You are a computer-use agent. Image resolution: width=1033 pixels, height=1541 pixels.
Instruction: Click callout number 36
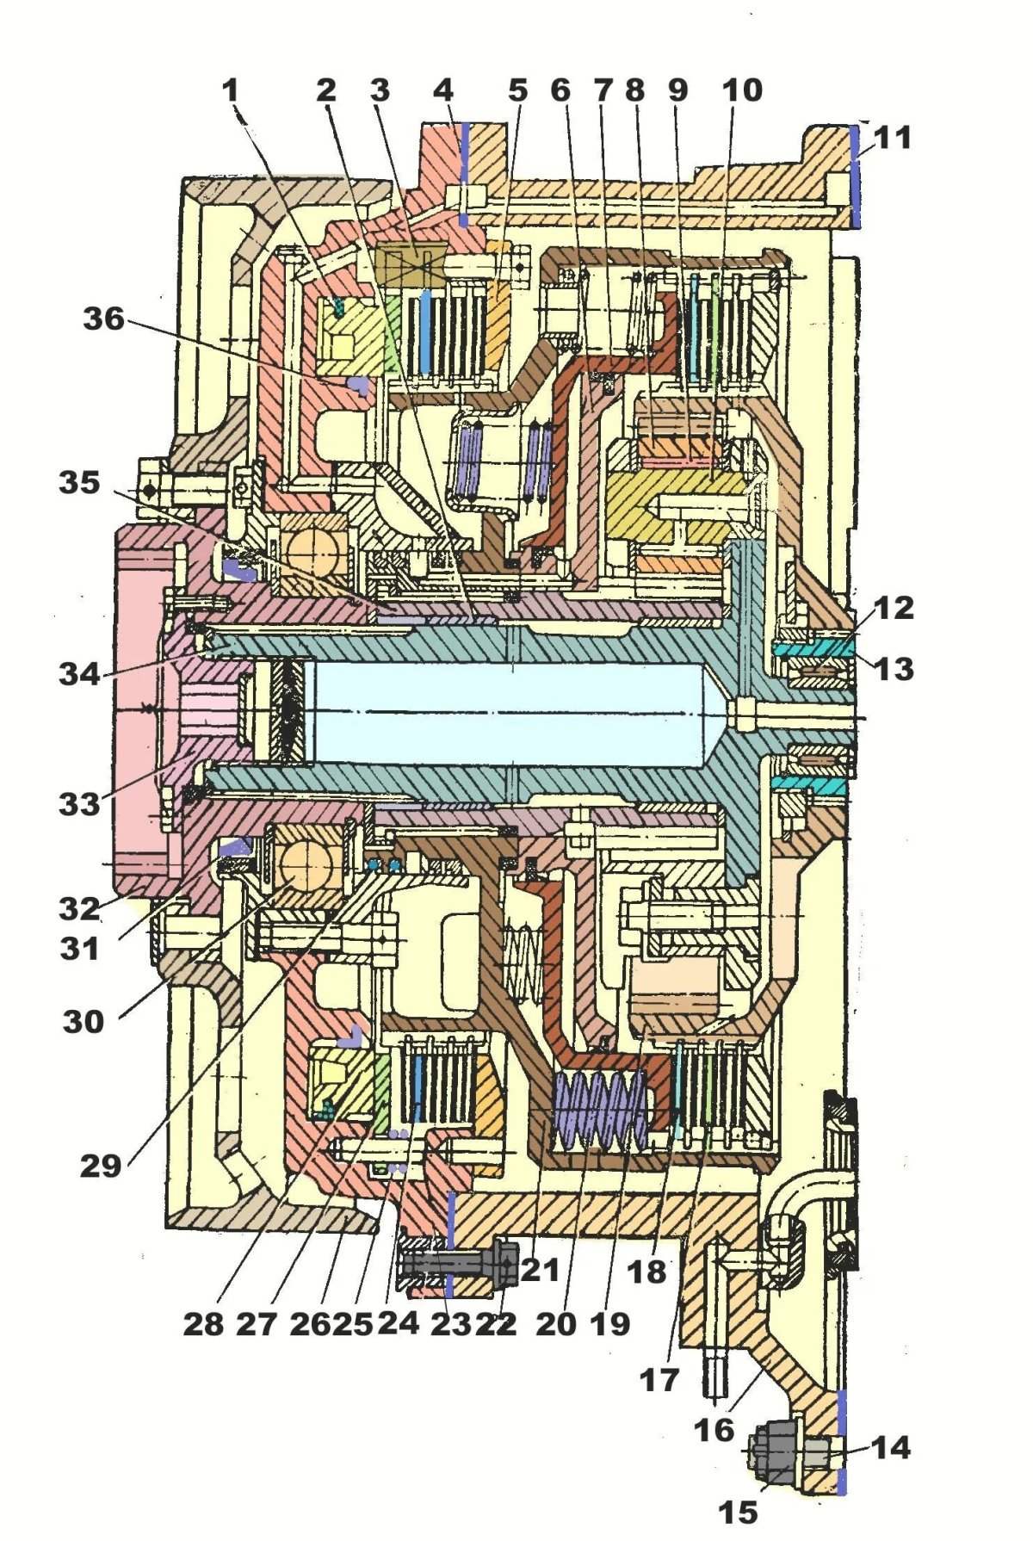[x=104, y=319]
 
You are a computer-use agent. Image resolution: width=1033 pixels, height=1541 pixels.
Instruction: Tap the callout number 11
[x=893, y=138]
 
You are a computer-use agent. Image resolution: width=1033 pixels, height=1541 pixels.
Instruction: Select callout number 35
[x=80, y=483]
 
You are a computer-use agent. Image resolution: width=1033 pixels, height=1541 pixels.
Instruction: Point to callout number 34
[x=80, y=673]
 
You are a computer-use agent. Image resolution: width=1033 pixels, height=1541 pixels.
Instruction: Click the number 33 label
[x=80, y=805]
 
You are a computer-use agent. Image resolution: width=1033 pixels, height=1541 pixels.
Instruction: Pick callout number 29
[x=101, y=1166]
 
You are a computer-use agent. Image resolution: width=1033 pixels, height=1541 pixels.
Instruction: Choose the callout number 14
[x=891, y=1447]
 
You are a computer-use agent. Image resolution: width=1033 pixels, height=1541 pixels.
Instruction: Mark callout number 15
[x=738, y=1512]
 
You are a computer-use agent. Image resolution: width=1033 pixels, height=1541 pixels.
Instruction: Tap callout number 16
[x=714, y=1430]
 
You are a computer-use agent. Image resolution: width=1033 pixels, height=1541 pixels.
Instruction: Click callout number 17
[x=659, y=1380]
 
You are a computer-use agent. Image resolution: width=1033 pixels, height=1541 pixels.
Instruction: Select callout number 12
[x=894, y=608]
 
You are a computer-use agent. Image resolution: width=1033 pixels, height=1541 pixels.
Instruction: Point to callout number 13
[x=894, y=668]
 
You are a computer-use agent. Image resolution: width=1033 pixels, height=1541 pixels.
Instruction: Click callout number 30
[x=84, y=1022]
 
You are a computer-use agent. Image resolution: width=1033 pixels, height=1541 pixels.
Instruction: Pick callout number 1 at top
[x=230, y=90]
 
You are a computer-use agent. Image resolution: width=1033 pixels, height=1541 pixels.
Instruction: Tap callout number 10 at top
[x=742, y=90]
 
